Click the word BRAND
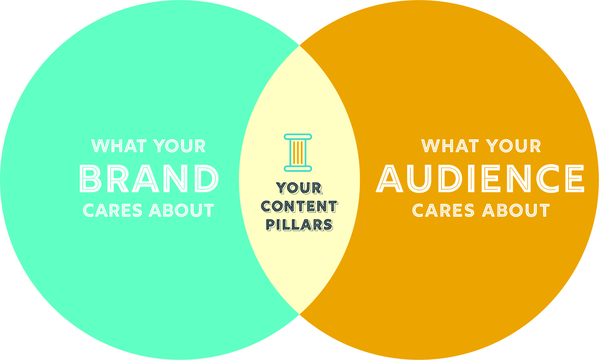[x=149, y=179]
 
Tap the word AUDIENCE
[x=481, y=179]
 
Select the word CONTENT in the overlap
[x=299, y=207]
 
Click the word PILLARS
[x=299, y=225]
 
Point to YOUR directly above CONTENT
[x=299, y=188]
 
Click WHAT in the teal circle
[x=115, y=147]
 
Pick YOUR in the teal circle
[x=179, y=147]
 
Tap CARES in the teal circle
[x=113, y=211]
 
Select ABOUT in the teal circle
[x=181, y=211]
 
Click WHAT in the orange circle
[x=446, y=147]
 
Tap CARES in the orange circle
[x=442, y=211]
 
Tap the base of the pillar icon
[x=298, y=169]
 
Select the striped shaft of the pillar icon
[x=298, y=153]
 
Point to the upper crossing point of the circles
[x=299, y=46]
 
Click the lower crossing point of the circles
[x=299, y=314]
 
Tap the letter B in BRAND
[x=91, y=179]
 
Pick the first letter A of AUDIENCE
[x=391, y=179]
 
